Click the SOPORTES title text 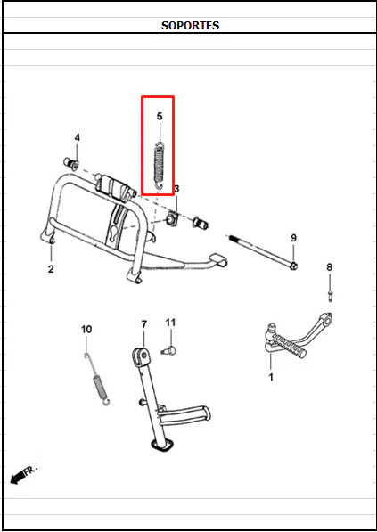190,26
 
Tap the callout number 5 160,117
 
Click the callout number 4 78,137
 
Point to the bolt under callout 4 71,163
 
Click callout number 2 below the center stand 51,269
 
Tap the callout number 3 176,189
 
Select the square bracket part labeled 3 172,219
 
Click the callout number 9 293,238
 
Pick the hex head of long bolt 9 294,266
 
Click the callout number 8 329,267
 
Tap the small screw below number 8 330,295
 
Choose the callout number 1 271,377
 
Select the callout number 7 144,324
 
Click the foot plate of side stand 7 160,446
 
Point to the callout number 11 170,323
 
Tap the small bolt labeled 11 168,350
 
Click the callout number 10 86,329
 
